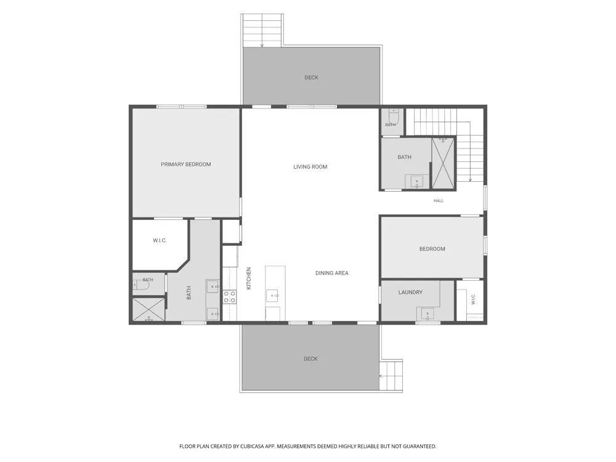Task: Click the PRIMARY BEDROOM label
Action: coord(186,164)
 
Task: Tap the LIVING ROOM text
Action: coord(310,166)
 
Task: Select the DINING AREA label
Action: coord(332,273)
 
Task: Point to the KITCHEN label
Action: coord(249,278)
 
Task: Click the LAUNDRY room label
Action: coord(410,292)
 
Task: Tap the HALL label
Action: coord(439,201)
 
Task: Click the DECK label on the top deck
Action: coord(312,78)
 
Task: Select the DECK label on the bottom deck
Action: coord(310,359)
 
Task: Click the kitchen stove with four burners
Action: coord(230,297)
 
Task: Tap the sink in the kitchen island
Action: coord(273,296)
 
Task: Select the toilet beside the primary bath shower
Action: coord(140,285)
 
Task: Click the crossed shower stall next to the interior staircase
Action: coord(443,163)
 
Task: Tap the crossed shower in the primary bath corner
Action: coord(148,310)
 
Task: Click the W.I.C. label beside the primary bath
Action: coord(160,240)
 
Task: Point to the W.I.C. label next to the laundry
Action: coord(473,299)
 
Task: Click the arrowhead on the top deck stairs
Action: coord(262,46)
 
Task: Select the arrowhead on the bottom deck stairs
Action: coord(381,376)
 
